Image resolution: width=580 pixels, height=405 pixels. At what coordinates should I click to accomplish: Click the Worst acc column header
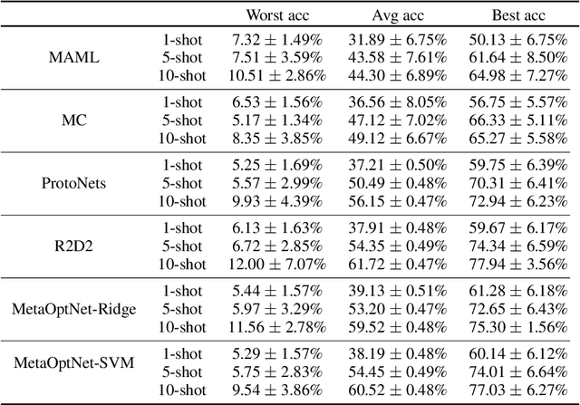[x=274, y=14]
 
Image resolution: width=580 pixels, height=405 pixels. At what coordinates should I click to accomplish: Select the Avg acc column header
[x=392, y=14]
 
